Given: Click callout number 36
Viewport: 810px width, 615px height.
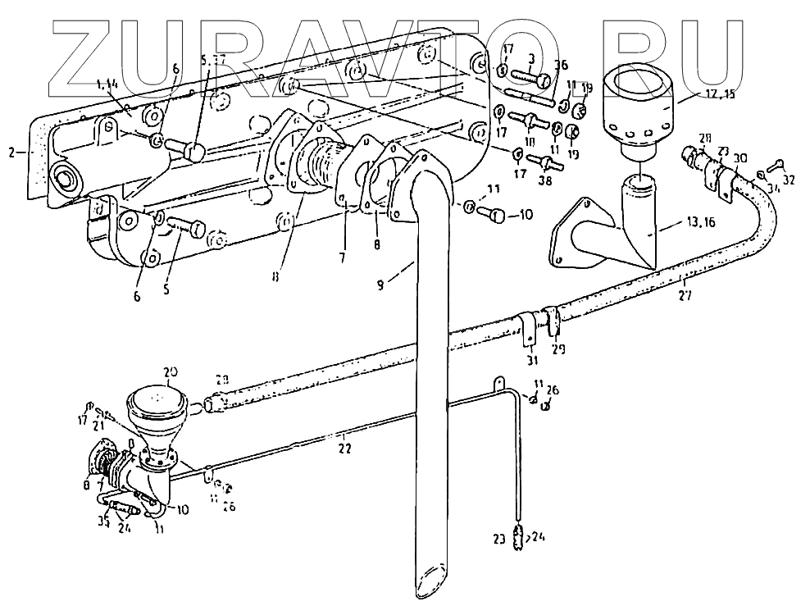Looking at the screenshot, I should pos(560,66).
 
